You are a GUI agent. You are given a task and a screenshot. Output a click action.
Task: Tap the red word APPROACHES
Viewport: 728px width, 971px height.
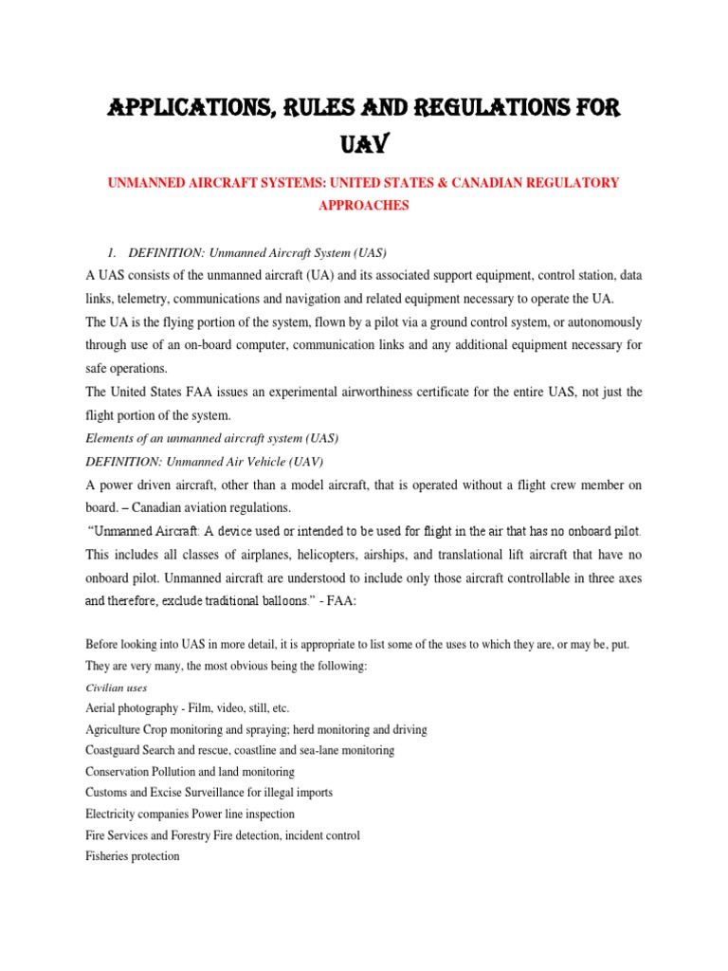tap(364, 206)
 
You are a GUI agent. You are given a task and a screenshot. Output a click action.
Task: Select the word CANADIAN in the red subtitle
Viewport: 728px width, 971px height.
tap(468, 182)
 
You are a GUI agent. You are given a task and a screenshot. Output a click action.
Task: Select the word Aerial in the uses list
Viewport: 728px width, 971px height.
tap(102, 708)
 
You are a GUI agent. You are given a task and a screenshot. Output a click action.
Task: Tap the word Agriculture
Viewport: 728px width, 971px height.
tap(118, 729)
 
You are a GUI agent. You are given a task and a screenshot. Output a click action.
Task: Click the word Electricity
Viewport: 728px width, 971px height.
tap(113, 814)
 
